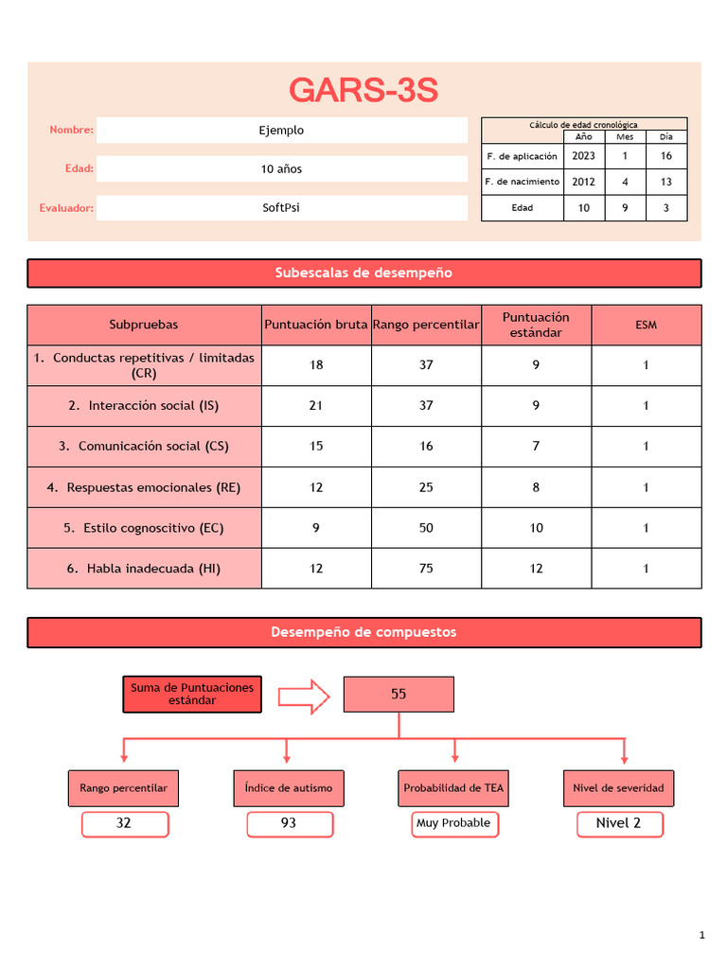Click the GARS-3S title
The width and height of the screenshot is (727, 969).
pos(363,91)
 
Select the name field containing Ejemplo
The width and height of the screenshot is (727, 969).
pos(282,131)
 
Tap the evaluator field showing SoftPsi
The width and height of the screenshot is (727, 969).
pos(282,208)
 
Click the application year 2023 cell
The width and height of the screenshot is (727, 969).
pos(584,156)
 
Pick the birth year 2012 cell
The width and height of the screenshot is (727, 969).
pos(584,182)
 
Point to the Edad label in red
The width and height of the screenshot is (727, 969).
pos(79,168)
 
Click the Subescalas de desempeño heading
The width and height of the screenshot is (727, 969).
pos(363,273)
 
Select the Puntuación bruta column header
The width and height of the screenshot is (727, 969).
pos(316,325)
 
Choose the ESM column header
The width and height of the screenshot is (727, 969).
pos(647,325)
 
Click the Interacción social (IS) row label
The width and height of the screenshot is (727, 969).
pos(144,406)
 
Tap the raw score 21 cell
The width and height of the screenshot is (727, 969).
pos(316,406)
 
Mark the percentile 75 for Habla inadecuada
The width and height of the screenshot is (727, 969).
pos(426,569)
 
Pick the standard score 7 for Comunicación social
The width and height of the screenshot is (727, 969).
pos(537,447)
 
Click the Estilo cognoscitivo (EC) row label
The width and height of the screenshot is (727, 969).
pos(144,528)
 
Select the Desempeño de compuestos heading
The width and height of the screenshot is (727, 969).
pos(363,632)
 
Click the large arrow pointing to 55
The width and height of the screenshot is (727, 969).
pos(303,696)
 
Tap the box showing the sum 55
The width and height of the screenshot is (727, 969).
pos(399,695)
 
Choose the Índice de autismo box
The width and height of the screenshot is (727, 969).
pos(288,787)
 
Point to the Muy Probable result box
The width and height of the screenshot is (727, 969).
pos(453,823)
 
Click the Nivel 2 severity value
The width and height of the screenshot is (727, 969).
pos(619,823)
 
